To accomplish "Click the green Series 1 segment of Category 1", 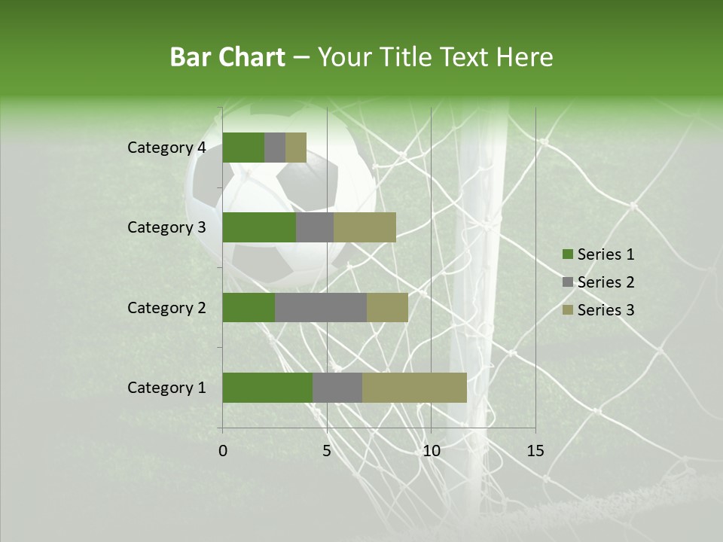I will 267,388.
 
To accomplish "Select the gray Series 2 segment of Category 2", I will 321,307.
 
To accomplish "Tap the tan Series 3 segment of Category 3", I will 365,227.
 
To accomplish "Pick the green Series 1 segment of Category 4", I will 243,148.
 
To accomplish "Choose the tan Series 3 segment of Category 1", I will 414,388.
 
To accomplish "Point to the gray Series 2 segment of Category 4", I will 275,148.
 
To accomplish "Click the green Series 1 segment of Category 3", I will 259,227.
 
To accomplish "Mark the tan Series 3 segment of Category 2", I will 387,307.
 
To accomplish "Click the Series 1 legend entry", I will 599,254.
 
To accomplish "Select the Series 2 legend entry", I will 599,282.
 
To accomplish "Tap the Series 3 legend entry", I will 599,310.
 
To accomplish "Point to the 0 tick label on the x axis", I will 223,451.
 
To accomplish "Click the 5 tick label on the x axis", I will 327,451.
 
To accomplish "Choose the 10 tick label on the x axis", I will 431,451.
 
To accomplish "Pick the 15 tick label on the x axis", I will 535,451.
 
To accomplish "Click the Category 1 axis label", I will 166,388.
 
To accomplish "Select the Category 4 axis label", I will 166,148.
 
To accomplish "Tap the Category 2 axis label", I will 166,307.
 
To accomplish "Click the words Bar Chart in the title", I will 227,56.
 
